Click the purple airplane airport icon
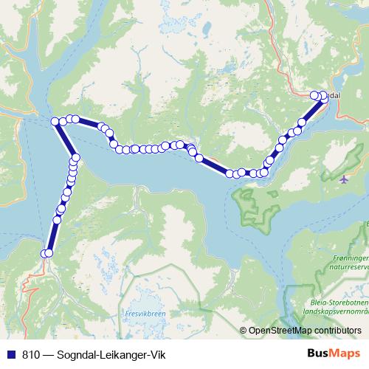344,178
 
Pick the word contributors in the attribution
339,331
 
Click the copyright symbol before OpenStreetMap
244,331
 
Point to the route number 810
31,354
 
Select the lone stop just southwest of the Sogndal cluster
302,123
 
